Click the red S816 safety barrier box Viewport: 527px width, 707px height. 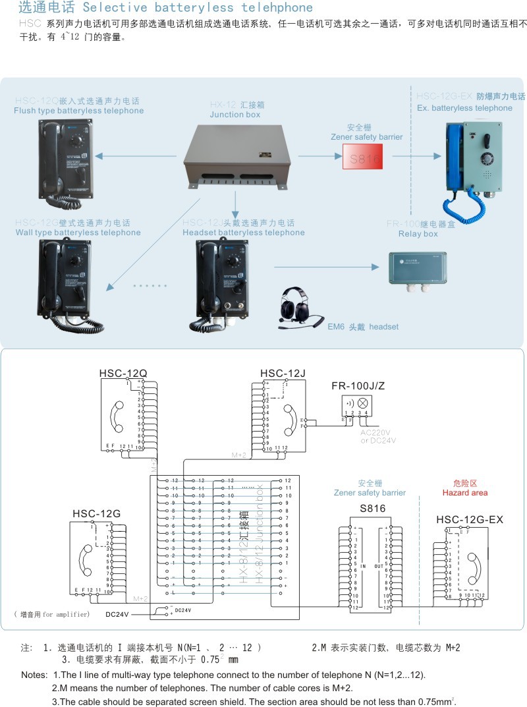pyautogui.click(x=362, y=158)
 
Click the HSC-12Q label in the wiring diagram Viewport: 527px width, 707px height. pyautogui.click(x=123, y=374)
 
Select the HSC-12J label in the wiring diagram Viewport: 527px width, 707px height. pyautogui.click(x=283, y=374)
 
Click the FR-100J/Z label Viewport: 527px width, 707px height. pyautogui.click(x=359, y=385)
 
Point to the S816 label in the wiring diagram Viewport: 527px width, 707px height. pyautogui.click(x=372, y=509)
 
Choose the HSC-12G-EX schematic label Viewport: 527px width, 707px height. pyautogui.click(x=470, y=520)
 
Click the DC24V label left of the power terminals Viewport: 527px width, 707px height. pyautogui.click(x=118, y=614)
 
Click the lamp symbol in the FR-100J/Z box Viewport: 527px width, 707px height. pyautogui.click(x=362, y=401)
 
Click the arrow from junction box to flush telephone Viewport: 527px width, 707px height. pyautogui.click(x=135, y=156)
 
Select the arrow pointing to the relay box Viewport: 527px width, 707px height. pyautogui.click(x=327, y=267)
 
